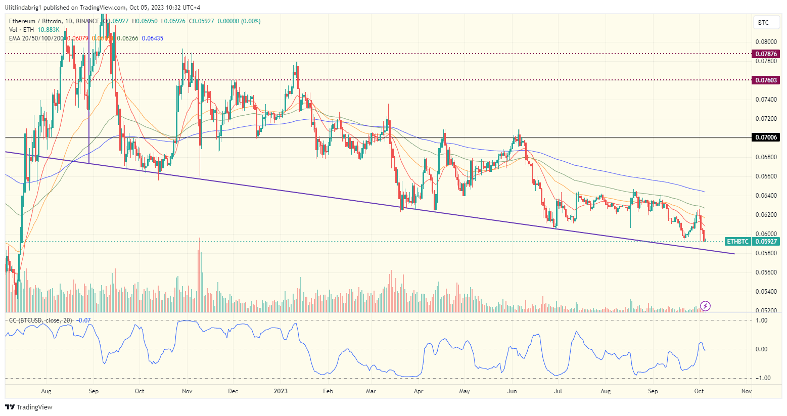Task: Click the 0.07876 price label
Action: pyautogui.click(x=766, y=54)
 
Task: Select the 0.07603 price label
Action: pyautogui.click(x=766, y=80)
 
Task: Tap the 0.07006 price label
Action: pyautogui.click(x=766, y=137)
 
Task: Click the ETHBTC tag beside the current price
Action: pyautogui.click(x=737, y=242)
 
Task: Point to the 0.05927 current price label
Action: pyautogui.click(x=766, y=242)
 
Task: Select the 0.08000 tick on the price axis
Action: pyautogui.click(x=766, y=42)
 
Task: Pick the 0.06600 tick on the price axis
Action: pyautogui.click(x=766, y=176)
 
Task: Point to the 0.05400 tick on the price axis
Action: pyautogui.click(x=766, y=292)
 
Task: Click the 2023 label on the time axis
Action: pyautogui.click(x=281, y=391)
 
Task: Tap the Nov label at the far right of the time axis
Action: pyautogui.click(x=746, y=391)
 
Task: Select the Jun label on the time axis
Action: pyautogui.click(x=512, y=391)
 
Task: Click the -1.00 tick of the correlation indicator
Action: pyautogui.click(x=761, y=378)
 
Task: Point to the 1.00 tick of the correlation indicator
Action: pyautogui.click(x=761, y=320)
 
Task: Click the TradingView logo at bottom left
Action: pyautogui.click(x=29, y=407)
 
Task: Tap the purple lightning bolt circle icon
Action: pyautogui.click(x=706, y=306)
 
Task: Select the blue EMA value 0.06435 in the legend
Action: pyautogui.click(x=152, y=38)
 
